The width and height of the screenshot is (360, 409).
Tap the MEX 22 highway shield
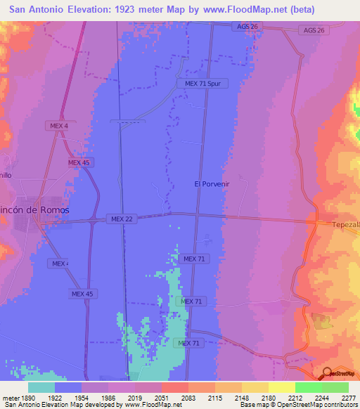(x=122, y=219)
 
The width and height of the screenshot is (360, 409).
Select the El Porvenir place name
(x=212, y=183)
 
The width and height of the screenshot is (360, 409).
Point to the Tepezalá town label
(x=346, y=225)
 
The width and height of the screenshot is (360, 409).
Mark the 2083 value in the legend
(x=187, y=397)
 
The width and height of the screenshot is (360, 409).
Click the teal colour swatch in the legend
(x=41, y=387)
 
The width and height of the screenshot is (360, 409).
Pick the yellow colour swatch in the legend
(x=281, y=387)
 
